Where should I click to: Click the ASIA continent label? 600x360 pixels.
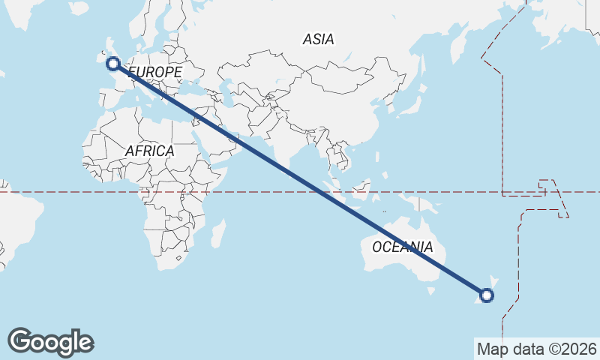319,39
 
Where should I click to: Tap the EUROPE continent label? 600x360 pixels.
155,72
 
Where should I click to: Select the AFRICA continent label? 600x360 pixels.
149,151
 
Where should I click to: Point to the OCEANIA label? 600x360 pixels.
402,247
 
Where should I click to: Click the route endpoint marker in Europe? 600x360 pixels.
113,64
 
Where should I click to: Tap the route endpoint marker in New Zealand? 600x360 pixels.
487,295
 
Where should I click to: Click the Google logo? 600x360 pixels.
50,342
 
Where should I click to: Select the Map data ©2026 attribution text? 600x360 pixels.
536,349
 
